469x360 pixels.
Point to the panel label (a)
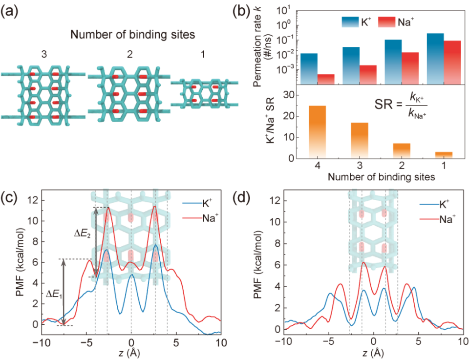click(11, 11)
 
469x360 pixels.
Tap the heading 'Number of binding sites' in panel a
click(127, 35)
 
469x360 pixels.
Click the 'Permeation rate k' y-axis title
click(257, 44)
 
